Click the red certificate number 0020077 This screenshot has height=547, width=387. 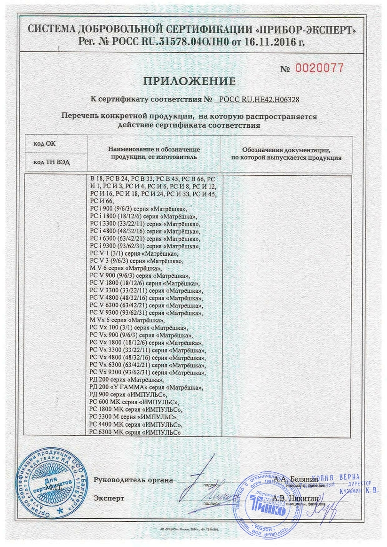point(319,68)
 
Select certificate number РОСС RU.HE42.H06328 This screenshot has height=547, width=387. point(260,100)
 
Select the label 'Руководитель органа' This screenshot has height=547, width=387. point(133,480)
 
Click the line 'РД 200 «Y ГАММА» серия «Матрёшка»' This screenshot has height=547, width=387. point(146,388)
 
